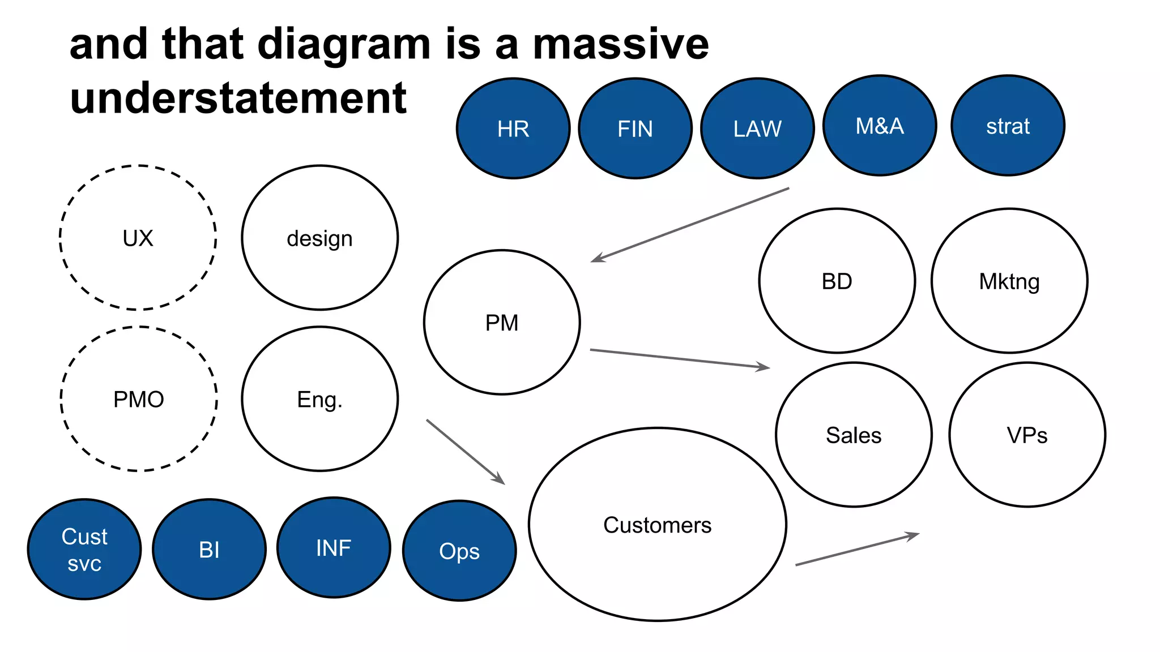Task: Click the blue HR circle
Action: (513, 128)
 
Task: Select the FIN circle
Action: (635, 128)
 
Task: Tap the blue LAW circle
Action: (757, 128)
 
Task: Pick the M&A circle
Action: (879, 126)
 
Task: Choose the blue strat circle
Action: (1008, 126)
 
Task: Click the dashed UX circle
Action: (138, 238)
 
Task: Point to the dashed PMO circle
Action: (139, 399)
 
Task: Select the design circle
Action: (319, 238)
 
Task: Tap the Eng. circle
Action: (319, 399)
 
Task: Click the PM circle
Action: (502, 323)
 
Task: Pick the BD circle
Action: (837, 281)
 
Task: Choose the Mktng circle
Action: (1009, 281)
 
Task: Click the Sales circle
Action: (854, 435)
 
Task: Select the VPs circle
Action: (1027, 435)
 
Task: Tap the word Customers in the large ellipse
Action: (657, 525)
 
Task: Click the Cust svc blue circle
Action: (84, 549)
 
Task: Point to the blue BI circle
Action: (209, 549)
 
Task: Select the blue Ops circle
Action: (459, 551)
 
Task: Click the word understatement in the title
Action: (238, 98)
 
